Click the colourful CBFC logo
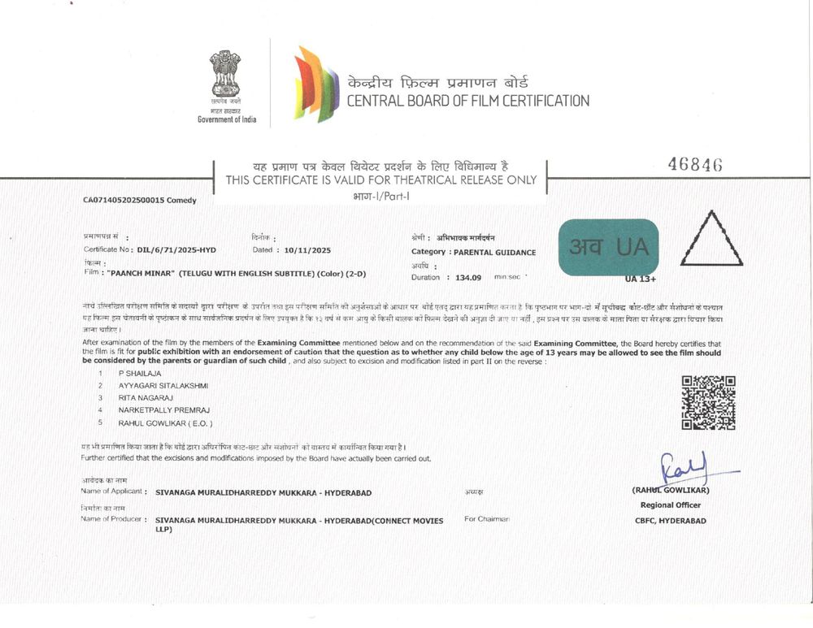[316, 84]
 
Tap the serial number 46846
[695, 164]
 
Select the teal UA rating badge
[609, 247]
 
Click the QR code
[708, 402]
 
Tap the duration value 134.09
[469, 278]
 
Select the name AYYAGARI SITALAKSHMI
[163, 385]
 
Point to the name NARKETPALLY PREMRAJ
[163, 411]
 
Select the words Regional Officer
[670, 505]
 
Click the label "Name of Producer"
[113, 518]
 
